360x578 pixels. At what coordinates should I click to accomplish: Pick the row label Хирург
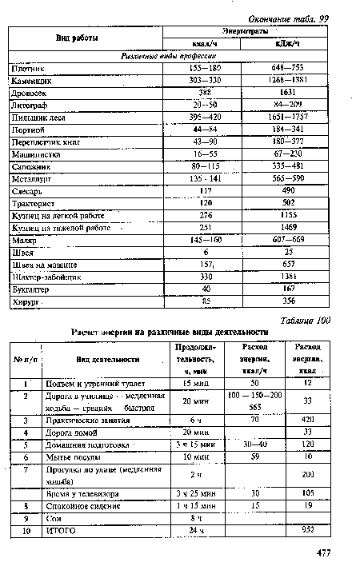26,301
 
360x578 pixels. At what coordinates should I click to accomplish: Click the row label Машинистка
34,154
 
